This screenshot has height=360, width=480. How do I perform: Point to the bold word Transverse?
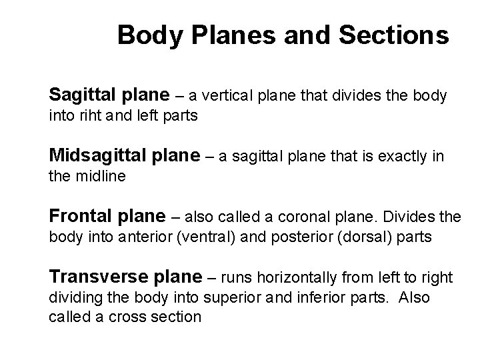point(91,276)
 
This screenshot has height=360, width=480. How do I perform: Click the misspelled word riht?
point(93,116)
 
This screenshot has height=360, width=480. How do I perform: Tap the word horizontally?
point(301,277)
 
